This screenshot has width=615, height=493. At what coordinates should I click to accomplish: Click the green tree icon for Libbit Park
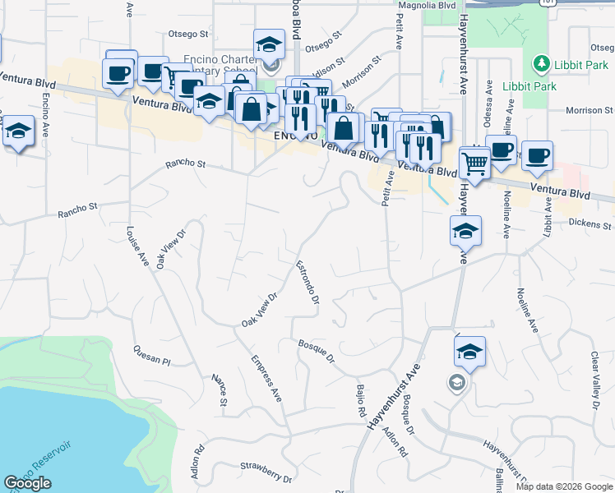coord(540,63)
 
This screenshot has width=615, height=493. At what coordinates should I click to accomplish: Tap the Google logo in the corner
coord(27,483)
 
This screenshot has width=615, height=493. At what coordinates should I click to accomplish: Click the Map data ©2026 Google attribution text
coord(563,486)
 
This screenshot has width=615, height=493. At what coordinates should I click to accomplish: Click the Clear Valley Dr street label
coord(594,380)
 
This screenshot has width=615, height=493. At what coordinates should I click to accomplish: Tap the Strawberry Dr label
coord(266,468)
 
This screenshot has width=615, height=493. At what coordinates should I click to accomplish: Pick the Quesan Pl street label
coord(151,356)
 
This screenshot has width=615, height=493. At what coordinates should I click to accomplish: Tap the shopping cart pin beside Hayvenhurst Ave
coord(475,164)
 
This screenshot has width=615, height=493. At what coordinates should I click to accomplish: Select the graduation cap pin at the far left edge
coord(18,133)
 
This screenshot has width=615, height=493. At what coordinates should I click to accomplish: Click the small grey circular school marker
coord(455,382)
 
